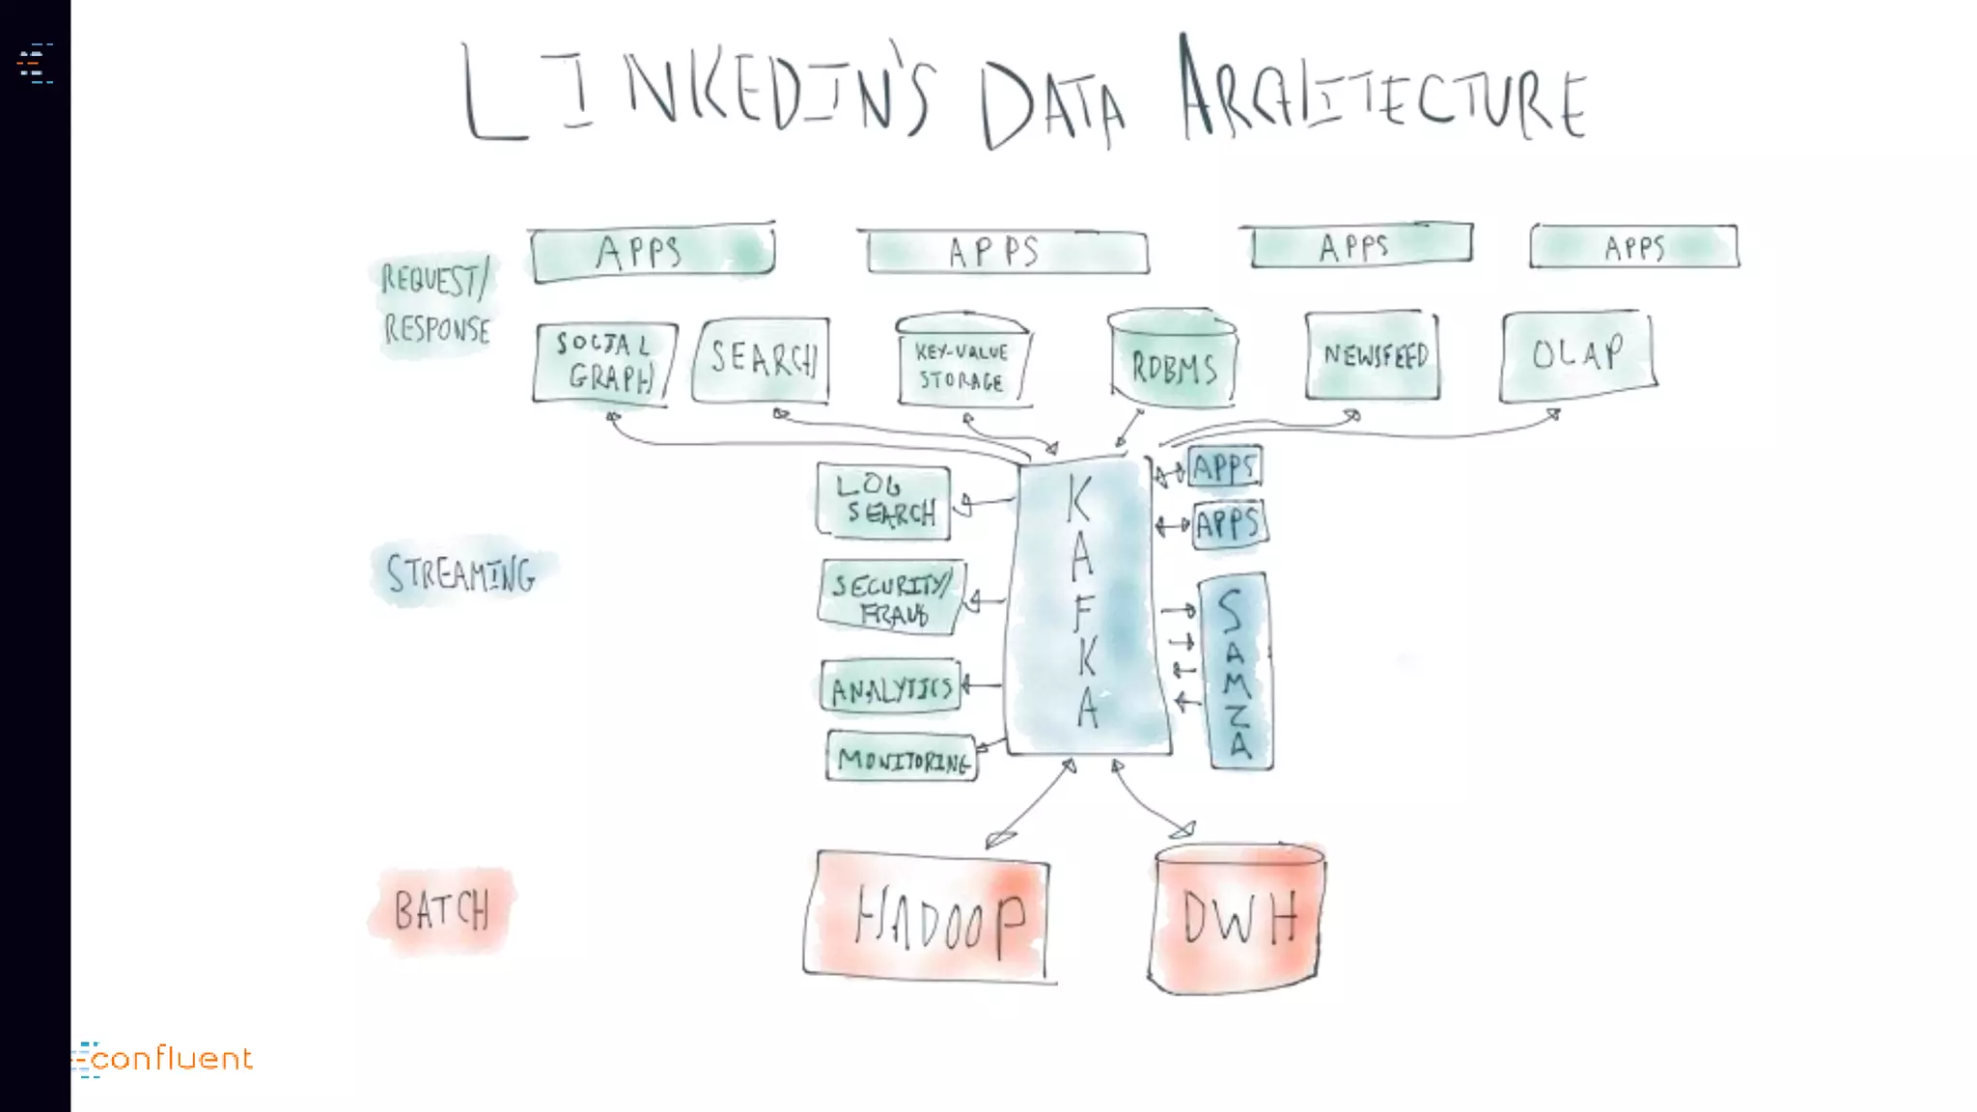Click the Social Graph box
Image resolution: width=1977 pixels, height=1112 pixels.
[604, 362]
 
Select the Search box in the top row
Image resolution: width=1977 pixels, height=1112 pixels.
[762, 359]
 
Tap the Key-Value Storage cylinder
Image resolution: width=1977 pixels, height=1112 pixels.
[961, 363]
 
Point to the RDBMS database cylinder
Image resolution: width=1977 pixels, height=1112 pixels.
[1173, 360]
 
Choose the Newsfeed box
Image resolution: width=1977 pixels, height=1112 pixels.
[1373, 355]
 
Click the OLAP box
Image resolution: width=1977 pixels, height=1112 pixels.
[1577, 354]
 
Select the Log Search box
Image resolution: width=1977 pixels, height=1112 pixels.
[884, 500]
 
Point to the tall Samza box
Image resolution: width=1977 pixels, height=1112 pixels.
[1236, 672]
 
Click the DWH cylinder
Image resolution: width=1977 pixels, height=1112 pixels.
[1238, 919]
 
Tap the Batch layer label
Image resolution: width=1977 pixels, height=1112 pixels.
[442, 910]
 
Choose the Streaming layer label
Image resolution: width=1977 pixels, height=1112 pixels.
[461, 573]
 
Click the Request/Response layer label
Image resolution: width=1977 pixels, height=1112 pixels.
[436, 303]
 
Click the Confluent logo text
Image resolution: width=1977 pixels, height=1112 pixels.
[172, 1059]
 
